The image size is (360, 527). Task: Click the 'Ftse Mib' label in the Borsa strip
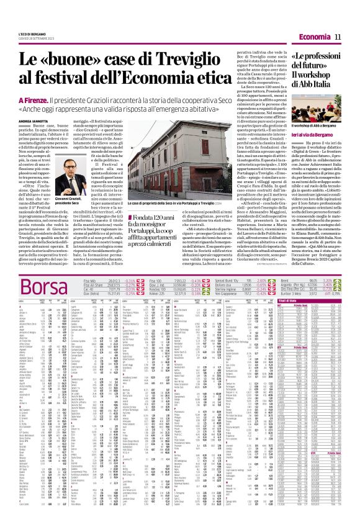click(91, 281)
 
